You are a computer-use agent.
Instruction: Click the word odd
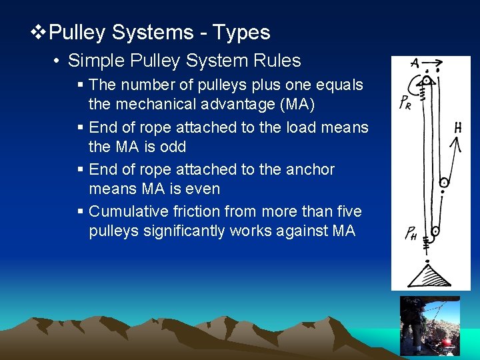tap(173, 147)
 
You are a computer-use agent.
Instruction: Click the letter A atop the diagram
tap(415, 65)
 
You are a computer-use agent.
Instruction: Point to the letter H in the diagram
tap(458, 127)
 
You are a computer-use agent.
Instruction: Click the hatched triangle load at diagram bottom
tap(428, 275)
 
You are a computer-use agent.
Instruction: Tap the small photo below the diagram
tap(429, 327)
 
